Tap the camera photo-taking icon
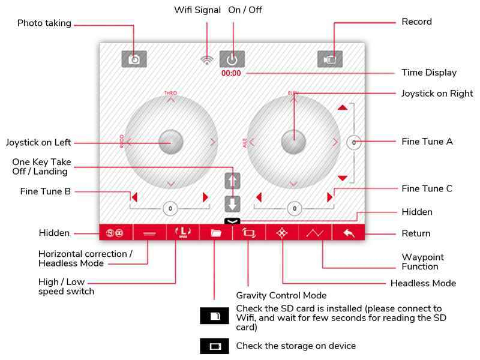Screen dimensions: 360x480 point(134,58)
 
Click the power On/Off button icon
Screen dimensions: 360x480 point(232,58)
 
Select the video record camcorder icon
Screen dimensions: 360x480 point(330,58)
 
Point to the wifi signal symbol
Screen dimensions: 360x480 point(207,59)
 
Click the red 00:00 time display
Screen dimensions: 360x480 point(231,73)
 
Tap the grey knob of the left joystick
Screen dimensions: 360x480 point(171,141)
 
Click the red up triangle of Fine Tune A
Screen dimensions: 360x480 point(342,108)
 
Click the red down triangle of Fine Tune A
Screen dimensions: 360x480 point(342,178)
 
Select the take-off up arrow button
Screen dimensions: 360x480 point(232,180)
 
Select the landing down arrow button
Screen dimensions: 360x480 point(232,203)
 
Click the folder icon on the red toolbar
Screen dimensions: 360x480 point(216,233)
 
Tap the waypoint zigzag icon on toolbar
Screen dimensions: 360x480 point(315,233)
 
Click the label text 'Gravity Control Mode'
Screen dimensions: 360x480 point(281,295)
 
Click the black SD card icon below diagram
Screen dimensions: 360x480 point(214,315)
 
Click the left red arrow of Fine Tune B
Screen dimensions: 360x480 point(134,197)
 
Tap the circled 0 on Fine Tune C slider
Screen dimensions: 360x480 point(294,208)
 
